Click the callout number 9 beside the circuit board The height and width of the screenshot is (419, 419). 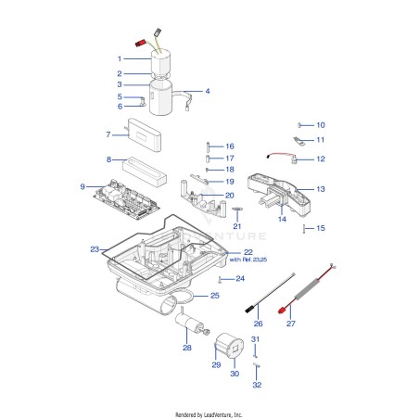pos(83,186)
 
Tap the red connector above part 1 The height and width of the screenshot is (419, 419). pos(141,43)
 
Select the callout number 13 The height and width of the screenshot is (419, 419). pos(321,189)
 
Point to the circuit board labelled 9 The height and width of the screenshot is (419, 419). pos(127,199)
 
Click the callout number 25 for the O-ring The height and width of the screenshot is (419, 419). pos(215,296)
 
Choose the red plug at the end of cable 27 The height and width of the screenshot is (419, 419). pos(281,311)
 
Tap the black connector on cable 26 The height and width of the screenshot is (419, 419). pos(249,309)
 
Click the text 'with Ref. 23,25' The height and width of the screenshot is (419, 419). pos(248,260)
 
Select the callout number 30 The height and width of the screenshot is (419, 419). pos(235,374)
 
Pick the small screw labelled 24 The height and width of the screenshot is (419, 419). pos(220,279)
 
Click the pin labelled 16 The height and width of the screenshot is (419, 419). pos(208,146)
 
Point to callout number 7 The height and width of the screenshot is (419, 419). pos(108,134)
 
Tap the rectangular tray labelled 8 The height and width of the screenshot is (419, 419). pos(145,171)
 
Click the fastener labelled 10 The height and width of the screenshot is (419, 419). pos(299,125)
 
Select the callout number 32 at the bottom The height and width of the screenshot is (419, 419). pos(257,385)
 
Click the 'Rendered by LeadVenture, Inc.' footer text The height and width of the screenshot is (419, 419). pos(209,414)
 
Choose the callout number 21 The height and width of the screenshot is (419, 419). pos(237,226)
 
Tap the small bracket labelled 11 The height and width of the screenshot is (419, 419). pos(299,142)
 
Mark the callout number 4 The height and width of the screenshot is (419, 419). pos(208,91)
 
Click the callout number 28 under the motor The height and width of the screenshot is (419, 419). pos(187,348)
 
